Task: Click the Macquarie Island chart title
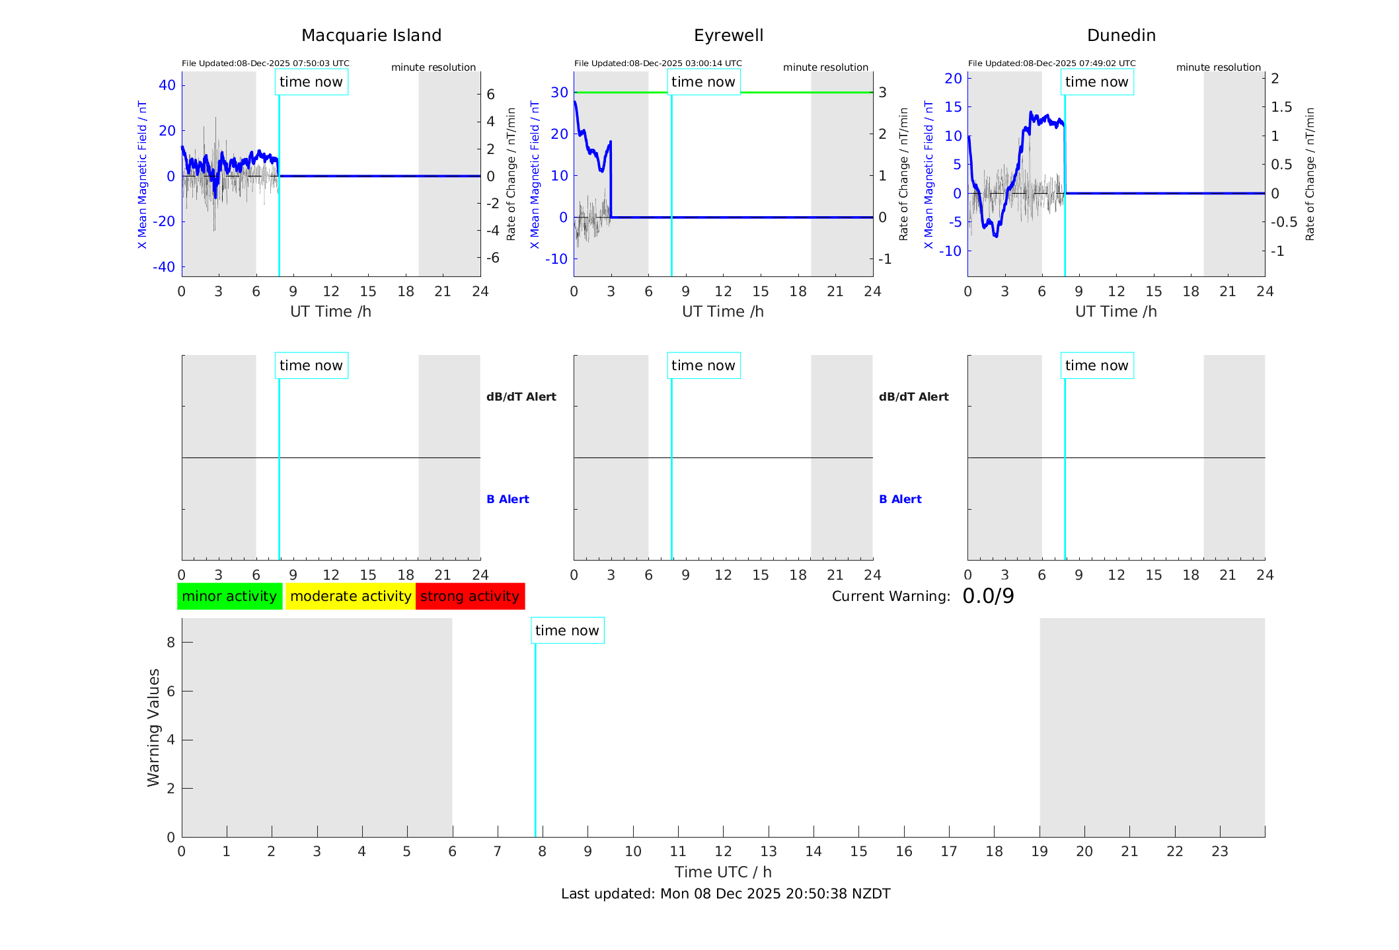point(371,36)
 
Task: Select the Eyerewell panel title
point(728,36)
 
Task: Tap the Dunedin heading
point(1121,36)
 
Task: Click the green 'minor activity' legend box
point(229,596)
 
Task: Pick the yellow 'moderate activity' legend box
point(350,596)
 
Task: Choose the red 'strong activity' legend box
point(470,596)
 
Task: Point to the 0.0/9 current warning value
point(988,596)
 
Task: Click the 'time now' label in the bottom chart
point(567,631)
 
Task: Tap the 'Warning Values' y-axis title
point(154,727)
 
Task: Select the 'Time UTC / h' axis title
point(723,872)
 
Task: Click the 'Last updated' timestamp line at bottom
point(726,894)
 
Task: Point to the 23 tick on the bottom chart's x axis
point(1219,851)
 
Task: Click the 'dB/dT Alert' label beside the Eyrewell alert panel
point(913,397)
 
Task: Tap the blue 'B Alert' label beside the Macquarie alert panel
point(508,499)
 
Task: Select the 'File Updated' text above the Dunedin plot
point(1051,63)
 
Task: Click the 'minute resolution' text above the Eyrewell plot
point(825,67)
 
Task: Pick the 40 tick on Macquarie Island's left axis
point(167,85)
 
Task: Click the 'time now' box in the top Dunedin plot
point(1096,82)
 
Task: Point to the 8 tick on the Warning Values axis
point(170,642)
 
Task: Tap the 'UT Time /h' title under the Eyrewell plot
point(723,311)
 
